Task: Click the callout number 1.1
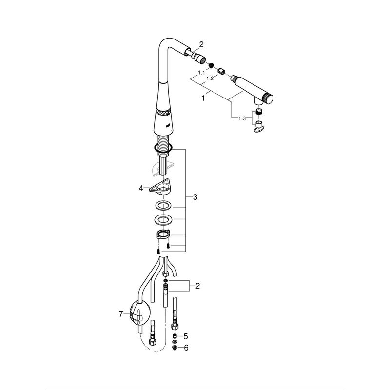point(201,73)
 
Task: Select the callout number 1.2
point(210,78)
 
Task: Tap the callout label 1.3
point(242,118)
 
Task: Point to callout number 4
point(141,188)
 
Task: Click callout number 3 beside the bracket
point(195,197)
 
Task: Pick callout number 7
point(121,314)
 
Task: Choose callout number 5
point(186,336)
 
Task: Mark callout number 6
point(186,348)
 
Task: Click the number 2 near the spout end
point(201,44)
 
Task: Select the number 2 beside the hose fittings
point(197,286)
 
